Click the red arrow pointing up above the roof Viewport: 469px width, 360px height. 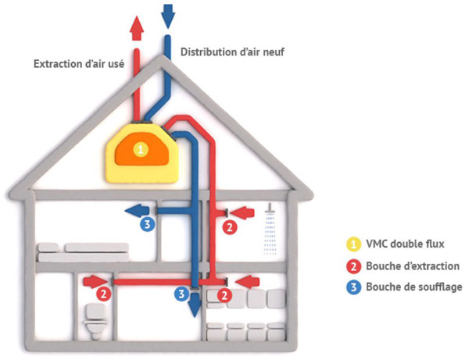[x=137, y=28]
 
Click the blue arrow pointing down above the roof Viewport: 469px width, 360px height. [x=168, y=16]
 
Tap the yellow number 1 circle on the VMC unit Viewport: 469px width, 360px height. [x=141, y=149]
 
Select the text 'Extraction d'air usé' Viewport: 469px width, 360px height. [x=79, y=64]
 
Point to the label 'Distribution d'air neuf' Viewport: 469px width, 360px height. [x=232, y=52]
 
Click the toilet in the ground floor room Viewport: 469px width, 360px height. [x=95, y=320]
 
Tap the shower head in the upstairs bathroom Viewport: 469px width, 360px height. [x=270, y=209]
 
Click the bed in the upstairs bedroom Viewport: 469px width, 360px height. [x=83, y=253]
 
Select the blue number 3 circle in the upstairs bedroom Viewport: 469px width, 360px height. [x=147, y=223]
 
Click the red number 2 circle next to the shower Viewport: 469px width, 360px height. [x=230, y=227]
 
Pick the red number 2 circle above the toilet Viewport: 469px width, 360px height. [x=103, y=294]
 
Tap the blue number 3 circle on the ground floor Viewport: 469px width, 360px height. [x=182, y=294]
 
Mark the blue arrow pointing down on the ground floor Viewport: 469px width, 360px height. [x=195, y=305]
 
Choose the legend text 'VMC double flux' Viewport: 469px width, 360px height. [x=405, y=244]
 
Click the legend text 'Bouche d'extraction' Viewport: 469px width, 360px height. [x=413, y=266]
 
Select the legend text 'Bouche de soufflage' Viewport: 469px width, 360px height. [x=414, y=287]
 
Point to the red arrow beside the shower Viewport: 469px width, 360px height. [x=242, y=212]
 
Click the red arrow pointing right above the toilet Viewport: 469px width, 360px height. [x=95, y=282]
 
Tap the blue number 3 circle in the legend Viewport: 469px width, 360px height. [x=353, y=287]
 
